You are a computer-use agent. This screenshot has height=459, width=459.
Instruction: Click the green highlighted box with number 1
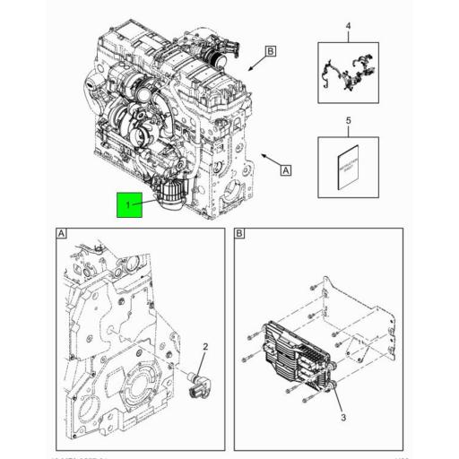[127, 205]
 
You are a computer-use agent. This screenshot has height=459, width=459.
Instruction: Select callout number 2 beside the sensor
[204, 347]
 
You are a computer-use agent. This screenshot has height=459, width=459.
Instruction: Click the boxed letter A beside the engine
[286, 169]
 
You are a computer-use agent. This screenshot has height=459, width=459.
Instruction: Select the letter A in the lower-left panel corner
[61, 235]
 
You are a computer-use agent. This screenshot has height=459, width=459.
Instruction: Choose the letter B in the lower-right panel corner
[240, 235]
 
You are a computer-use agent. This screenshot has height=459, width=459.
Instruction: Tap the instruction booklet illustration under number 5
[348, 169]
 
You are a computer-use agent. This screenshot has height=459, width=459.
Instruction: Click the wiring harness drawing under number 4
[348, 74]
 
